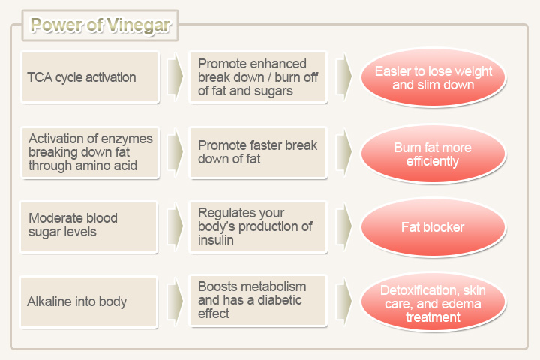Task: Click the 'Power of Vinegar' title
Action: click(x=100, y=25)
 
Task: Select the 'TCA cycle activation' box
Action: click(x=90, y=77)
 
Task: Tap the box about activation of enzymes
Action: click(x=90, y=152)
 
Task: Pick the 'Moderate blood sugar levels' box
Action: click(x=88, y=227)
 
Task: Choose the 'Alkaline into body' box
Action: click(x=88, y=301)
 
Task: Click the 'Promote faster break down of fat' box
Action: click(x=258, y=152)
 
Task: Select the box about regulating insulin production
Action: click(x=258, y=227)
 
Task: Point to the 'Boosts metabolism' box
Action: click(x=258, y=301)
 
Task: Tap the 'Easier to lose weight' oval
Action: click(x=433, y=77)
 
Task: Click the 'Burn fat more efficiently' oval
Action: click(x=433, y=154)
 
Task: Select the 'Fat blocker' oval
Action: click(x=433, y=227)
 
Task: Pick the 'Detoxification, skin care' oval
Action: click(x=433, y=302)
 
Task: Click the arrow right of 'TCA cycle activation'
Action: click(x=175, y=76)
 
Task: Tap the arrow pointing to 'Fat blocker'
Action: click(x=343, y=226)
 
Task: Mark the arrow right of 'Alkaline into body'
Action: click(x=175, y=301)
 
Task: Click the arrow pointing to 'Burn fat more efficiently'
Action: click(x=343, y=152)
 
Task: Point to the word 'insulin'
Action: click(x=216, y=240)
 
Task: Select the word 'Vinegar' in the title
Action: click(x=139, y=25)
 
